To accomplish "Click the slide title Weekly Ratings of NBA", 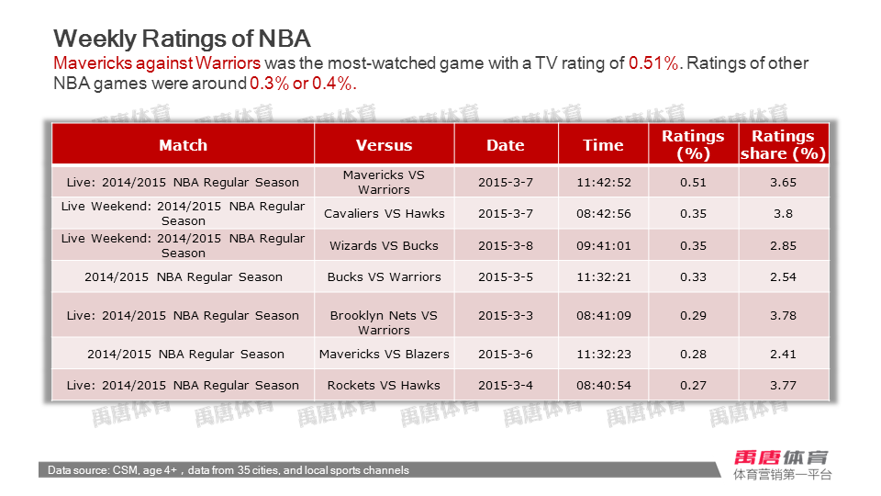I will pyautogui.click(x=182, y=39).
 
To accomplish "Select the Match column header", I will pyautogui.click(x=183, y=145).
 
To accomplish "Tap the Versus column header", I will pyautogui.click(x=384, y=145).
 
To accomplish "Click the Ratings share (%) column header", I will pyautogui.click(x=783, y=145).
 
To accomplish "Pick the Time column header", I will pyautogui.click(x=603, y=145).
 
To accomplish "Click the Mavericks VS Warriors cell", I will pyautogui.click(x=384, y=182).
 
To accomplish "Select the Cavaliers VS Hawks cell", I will pyautogui.click(x=384, y=214).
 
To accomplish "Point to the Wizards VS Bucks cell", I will pyautogui.click(x=384, y=245).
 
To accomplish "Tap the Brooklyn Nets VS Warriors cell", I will pyautogui.click(x=384, y=322).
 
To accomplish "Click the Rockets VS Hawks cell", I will pyautogui.click(x=384, y=386).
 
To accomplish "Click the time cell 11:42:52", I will pyautogui.click(x=603, y=182).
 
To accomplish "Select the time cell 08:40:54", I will pyautogui.click(x=603, y=386).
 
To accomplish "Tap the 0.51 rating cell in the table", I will pyautogui.click(x=693, y=182).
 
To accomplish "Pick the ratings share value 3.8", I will pyautogui.click(x=783, y=214).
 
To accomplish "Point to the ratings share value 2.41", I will pyautogui.click(x=783, y=355).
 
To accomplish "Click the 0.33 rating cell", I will pyautogui.click(x=693, y=277).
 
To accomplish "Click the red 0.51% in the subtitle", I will pyautogui.click(x=653, y=63).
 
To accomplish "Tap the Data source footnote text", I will pyautogui.click(x=229, y=470).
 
